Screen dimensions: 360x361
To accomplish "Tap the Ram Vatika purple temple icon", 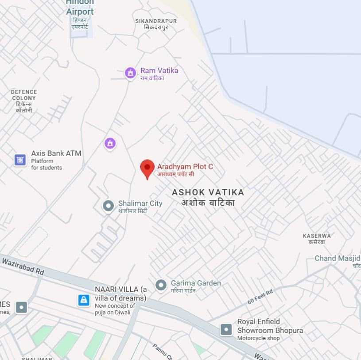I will tap(130, 73).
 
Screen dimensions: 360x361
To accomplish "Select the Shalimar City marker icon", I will tap(108, 206).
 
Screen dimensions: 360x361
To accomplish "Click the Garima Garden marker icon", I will tap(161, 285).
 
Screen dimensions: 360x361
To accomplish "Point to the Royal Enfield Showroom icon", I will tap(226, 329).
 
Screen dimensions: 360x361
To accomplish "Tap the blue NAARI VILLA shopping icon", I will tap(84, 300).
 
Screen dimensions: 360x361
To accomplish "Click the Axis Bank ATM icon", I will tap(20, 160).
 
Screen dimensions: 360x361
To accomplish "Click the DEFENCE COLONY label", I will tap(24, 95).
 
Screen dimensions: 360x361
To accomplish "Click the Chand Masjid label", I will tap(338, 258).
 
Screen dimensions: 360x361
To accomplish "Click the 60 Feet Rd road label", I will tap(260, 296).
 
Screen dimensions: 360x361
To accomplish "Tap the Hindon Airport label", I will tap(80, 8).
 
